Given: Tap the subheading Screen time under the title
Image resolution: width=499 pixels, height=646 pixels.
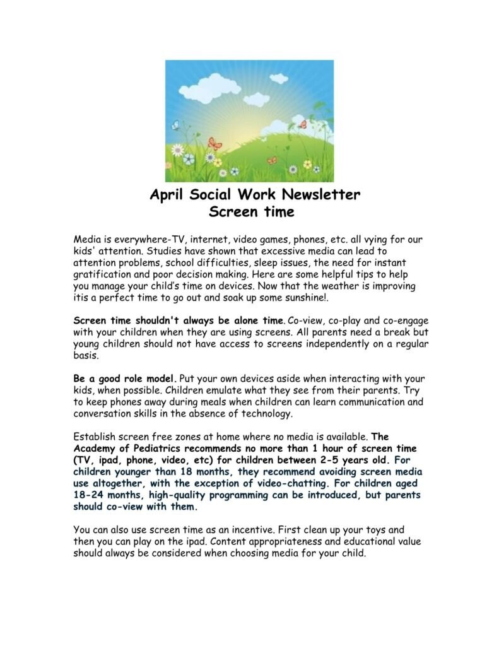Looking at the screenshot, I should pos(251,212).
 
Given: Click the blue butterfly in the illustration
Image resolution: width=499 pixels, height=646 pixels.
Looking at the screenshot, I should pos(176,126).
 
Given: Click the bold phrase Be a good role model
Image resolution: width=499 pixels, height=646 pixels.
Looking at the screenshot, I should pos(126,379).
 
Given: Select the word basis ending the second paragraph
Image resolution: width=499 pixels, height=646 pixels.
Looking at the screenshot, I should pos(86,356).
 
